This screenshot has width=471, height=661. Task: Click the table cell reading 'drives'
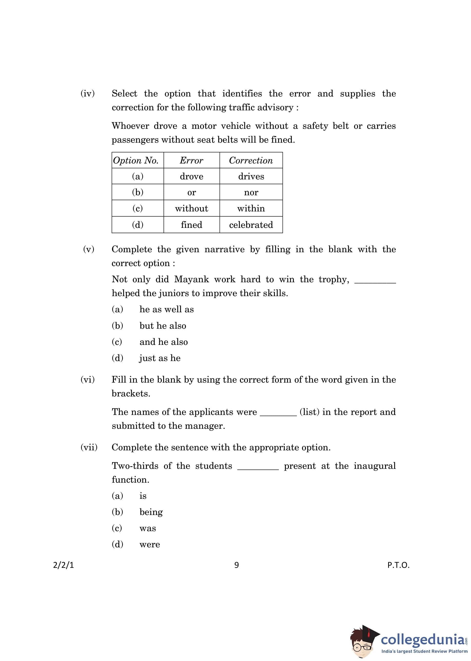point(251,176)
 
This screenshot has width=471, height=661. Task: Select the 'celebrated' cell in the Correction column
point(251,225)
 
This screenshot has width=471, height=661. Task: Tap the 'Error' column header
point(191,160)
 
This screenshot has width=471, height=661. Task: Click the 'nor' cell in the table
point(251,192)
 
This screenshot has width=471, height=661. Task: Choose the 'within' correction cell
point(251,209)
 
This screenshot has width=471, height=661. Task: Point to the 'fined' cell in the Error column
point(191,225)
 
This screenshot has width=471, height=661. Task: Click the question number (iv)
point(87,93)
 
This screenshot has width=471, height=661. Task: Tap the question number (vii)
point(89,447)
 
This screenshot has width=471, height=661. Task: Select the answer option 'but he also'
point(163,326)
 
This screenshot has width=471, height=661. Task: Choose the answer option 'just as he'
point(160,358)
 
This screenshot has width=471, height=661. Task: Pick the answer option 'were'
point(150,545)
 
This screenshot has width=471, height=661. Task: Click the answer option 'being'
point(151,512)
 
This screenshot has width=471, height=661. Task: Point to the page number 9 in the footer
point(236,565)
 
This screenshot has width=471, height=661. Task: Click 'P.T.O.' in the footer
point(398,565)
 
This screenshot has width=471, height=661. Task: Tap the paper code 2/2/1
point(64,565)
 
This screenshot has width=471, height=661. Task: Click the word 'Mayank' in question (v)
point(191,279)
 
